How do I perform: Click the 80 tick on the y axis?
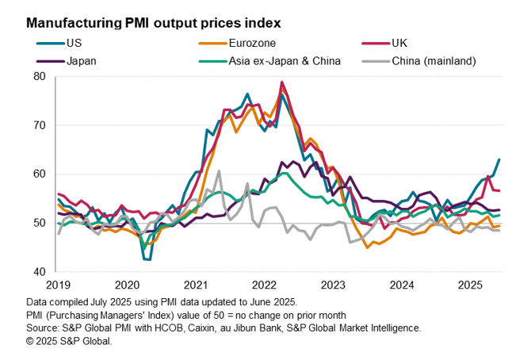[41, 76]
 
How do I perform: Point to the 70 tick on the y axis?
[41, 125]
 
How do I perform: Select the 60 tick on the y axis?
[41, 174]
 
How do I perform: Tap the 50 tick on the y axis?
[41, 224]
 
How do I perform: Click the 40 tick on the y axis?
[41, 272]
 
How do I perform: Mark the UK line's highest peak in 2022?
[283, 82]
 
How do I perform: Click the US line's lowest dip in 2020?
[147, 259]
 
